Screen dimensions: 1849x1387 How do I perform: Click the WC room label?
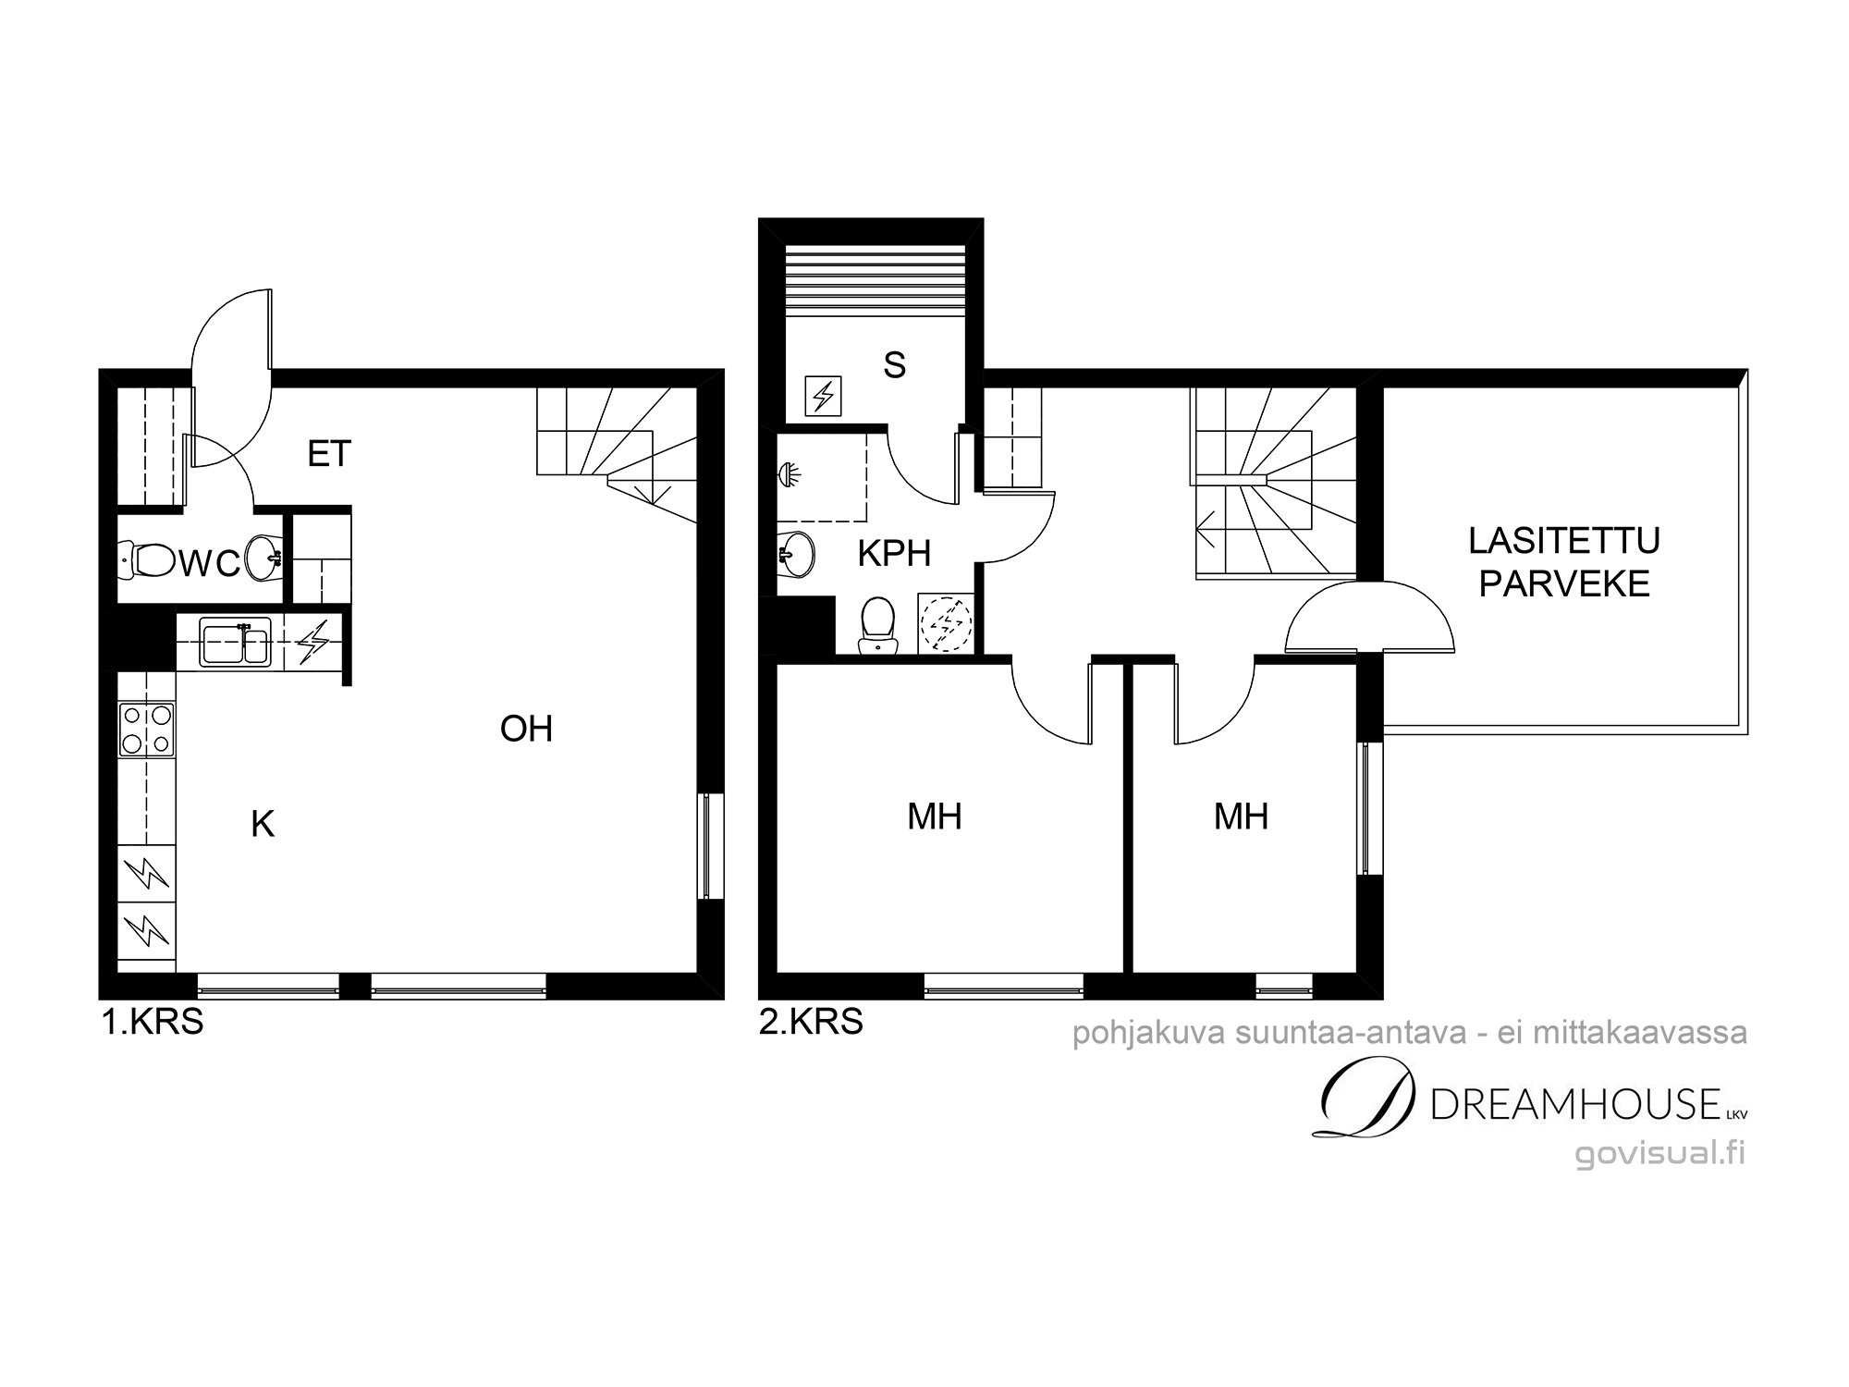coord(210,564)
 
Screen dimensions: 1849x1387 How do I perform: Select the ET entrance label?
coord(329,454)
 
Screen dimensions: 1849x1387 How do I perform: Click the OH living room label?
coord(526,729)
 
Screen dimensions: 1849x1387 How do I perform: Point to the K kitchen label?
coord(263,824)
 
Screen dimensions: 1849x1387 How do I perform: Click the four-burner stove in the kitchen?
coord(147,730)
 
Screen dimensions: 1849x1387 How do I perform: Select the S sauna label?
coord(894,365)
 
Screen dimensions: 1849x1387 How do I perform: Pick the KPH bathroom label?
coord(894,554)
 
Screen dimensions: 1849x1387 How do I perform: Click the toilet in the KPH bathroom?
coord(877,625)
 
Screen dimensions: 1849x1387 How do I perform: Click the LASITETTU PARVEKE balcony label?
coord(1564,562)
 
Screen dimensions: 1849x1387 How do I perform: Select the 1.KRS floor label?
coord(153,1023)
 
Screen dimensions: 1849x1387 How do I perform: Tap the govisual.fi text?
coord(1660,1153)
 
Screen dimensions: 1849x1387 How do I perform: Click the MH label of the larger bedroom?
coord(935,816)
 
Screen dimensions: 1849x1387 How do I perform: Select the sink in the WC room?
coord(264,558)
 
